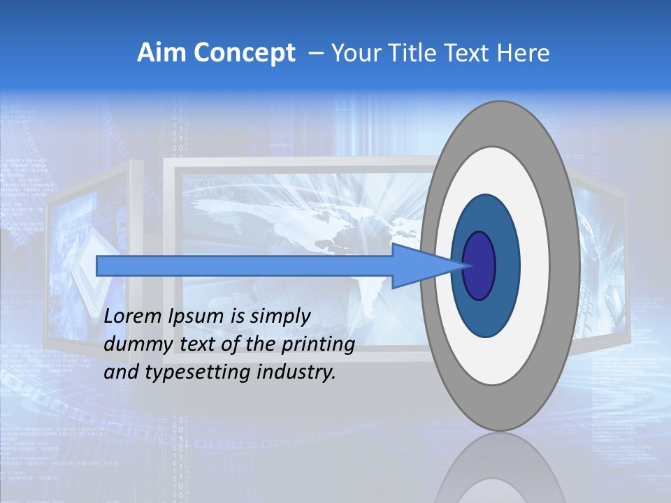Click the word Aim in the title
coord(158,53)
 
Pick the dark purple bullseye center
coord(479,265)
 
